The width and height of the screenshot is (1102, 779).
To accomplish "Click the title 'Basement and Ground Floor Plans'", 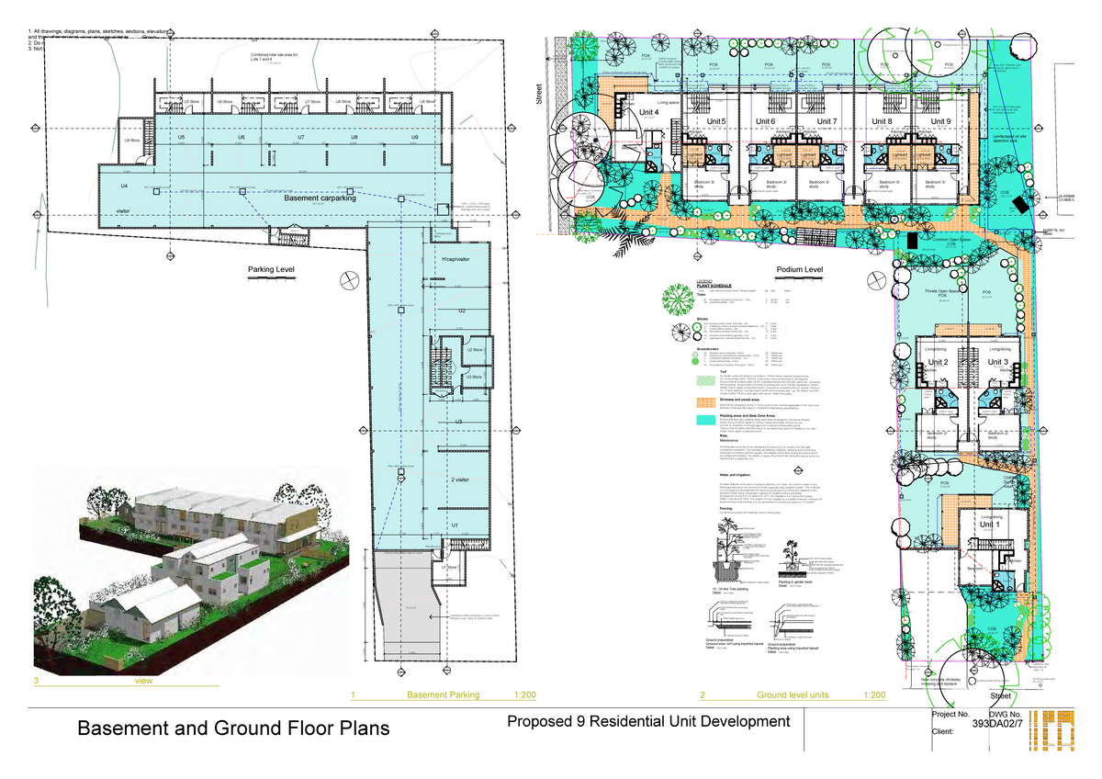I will (x=232, y=728).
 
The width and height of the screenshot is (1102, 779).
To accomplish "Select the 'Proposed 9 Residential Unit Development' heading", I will (x=647, y=722).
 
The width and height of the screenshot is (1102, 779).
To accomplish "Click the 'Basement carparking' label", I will (x=320, y=198).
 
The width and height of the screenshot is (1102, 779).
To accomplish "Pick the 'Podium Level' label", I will (x=799, y=270).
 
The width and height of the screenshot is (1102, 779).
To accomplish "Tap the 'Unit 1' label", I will (x=992, y=524).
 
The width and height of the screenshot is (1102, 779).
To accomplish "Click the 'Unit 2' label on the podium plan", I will (x=939, y=363).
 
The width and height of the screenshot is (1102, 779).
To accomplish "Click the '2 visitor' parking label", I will (x=460, y=480).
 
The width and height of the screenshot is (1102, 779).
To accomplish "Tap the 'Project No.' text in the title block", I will (x=950, y=714).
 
